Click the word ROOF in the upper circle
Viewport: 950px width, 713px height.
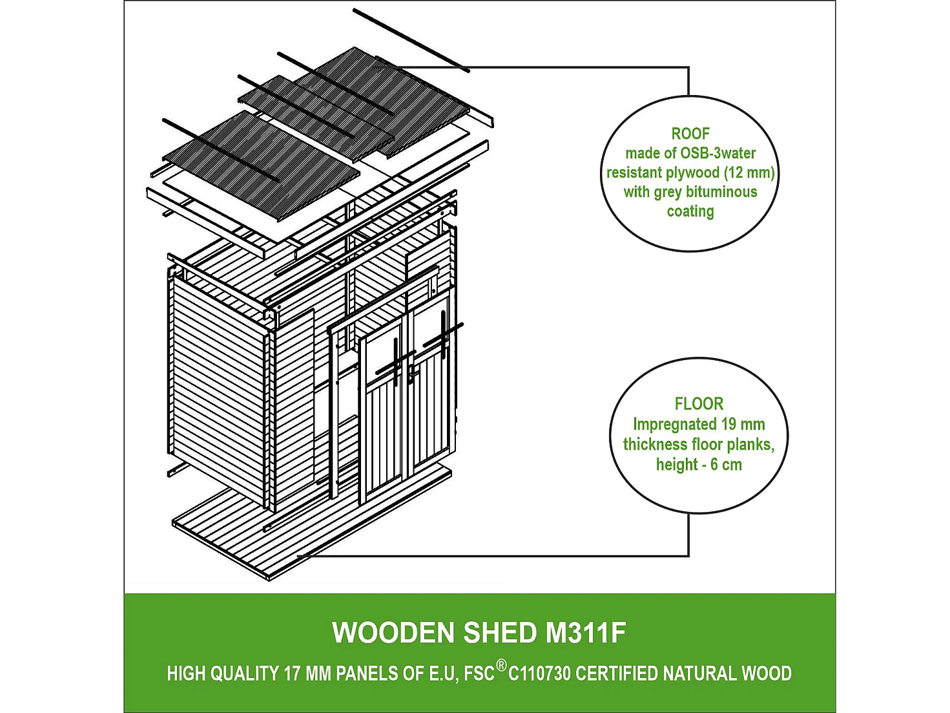coord(690,134)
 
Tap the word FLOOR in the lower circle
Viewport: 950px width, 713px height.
coord(699,404)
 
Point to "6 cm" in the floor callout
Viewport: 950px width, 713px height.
coord(726,464)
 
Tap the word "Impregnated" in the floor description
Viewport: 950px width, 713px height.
coord(675,424)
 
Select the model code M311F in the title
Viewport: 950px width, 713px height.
coord(586,633)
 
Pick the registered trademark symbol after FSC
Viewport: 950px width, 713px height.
coord(501,665)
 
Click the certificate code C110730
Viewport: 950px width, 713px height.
coord(539,674)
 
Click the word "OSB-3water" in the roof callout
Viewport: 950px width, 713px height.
coord(718,153)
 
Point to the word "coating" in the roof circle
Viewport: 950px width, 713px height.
coord(690,211)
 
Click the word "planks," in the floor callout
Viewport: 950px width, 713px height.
coord(750,444)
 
